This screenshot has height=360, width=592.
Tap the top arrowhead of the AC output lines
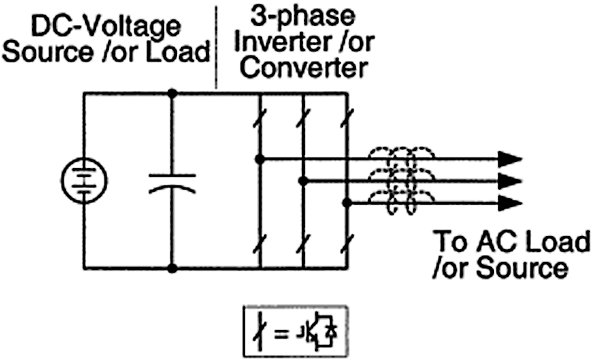pyautogui.click(x=509, y=158)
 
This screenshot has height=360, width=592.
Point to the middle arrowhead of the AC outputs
pyautogui.click(x=509, y=180)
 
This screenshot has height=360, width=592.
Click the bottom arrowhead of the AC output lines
pyautogui.click(x=509, y=203)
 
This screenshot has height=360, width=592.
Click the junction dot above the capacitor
pyautogui.click(x=172, y=93)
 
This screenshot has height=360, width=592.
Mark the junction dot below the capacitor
pyautogui.click(x=172, y=268)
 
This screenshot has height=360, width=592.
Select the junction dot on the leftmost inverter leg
pyautogui.click(x=260, y=158)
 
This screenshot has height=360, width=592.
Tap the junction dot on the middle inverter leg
pyautogui.click(x=304, y=181)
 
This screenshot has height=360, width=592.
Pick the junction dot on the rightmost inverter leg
pyautogui.click(x=347, y=203)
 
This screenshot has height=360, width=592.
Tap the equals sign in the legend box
pyautogui.click(x=281, y=332)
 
